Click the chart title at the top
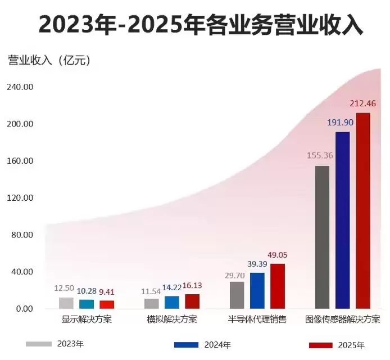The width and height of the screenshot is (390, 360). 195,25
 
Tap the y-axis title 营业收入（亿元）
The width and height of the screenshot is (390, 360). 49,60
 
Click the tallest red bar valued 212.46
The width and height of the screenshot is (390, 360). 363,211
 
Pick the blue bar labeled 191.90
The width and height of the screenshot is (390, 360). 342,220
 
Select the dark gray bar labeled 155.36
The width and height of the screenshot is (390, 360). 322,237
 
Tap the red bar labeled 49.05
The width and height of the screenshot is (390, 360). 278,286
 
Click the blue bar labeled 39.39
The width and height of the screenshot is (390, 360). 257,290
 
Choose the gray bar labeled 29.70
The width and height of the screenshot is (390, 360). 237,295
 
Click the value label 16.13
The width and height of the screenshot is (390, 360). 192,286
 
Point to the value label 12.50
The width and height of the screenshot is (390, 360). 64,288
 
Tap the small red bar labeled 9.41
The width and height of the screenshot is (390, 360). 107,304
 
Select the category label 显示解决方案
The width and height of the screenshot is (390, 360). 87,319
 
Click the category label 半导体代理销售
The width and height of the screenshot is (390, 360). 257,319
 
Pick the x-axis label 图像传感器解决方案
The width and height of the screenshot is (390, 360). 342,319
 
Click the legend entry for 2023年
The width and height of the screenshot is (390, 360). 54,343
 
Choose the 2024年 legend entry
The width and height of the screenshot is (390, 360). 202,344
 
